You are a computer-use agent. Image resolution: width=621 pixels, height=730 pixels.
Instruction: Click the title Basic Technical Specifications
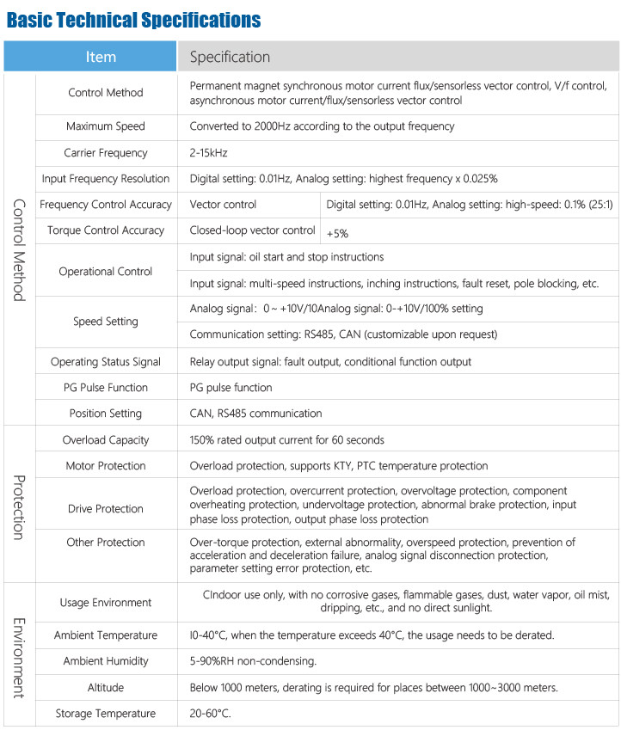(x=133, y=19)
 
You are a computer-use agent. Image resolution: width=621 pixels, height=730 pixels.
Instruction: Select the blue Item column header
(x=101, y=57)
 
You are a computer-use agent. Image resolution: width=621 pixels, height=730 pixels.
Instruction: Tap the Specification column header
(x=230, y=57)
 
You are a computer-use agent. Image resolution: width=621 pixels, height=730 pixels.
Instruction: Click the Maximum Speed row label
(x=106, y=126)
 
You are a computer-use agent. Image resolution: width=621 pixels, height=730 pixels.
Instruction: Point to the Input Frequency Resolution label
(x=106, y=178)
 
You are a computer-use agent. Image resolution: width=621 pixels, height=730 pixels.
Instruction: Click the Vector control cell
(x=223, y=204)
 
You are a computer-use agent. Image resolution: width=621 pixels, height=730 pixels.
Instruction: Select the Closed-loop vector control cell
(x=252, y=230)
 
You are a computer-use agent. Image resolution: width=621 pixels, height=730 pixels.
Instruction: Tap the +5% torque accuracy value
(x=338, y=232)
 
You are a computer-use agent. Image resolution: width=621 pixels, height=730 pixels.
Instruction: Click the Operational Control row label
(x=106, y=271)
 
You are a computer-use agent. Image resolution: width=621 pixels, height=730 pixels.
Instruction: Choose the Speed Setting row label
(x=106, y=321)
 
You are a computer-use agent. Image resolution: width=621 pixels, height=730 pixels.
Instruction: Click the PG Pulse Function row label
(x=106, y=387)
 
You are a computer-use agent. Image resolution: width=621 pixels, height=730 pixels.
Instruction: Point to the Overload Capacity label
(x=106, y=439)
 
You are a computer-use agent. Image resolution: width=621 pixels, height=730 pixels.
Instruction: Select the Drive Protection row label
(x=106, y=508)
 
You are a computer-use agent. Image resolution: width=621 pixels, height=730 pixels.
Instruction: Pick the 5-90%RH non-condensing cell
(x=253, y=661)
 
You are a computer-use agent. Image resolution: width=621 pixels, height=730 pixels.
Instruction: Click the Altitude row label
(x=106, y=687)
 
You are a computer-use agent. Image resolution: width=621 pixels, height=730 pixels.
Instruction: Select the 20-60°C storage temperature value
(x=211, y=714)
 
